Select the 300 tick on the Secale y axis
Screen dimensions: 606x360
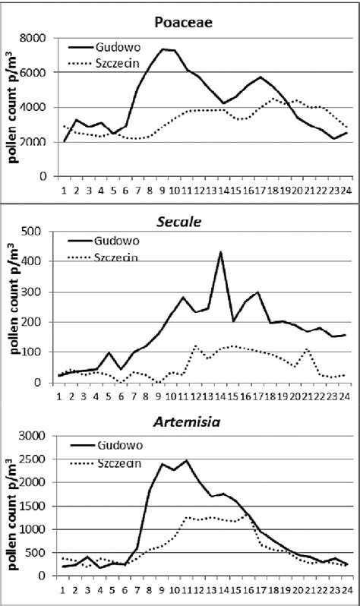[x=42, y=292]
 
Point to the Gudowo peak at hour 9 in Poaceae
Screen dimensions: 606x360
[x=163, y=49]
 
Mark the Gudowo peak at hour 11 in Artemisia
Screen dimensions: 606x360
[x=186, y=460]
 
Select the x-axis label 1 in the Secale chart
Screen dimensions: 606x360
[x=60, y=393]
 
